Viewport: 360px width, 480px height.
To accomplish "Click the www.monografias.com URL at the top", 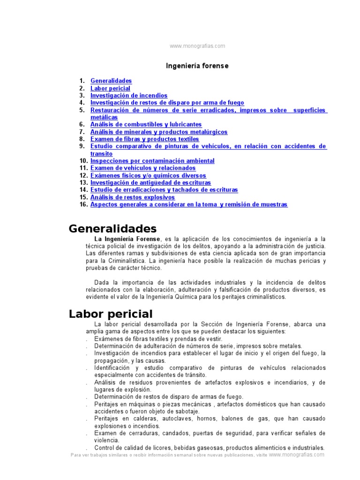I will pyautogui.click(x=197, y=46).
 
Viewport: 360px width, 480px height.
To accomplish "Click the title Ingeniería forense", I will pyautogui.click(x=197, y=66).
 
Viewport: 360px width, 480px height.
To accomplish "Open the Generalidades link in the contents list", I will pyautogui.click(x=111, y=81).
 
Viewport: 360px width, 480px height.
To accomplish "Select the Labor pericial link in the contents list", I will pyautogui.click(x=110, y=88).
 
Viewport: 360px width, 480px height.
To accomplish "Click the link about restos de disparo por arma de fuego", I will pyautogui.click(x=167, y=103).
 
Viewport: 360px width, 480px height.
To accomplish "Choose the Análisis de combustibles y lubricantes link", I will pyautogui.click(x=146, y=125).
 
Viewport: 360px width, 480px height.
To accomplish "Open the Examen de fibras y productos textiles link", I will pyautogui.click(x=144, y=139).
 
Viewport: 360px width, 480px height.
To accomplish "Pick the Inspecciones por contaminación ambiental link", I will pyautogui.click(x=152, y=161).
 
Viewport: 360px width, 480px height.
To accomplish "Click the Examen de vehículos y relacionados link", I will pyautogui.click(x=143, y=168).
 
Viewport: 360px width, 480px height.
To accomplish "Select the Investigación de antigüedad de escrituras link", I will pyautogui.click(x=150, y=182).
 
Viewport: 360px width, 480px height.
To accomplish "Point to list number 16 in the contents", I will pyautogui.click(x=84, y=204).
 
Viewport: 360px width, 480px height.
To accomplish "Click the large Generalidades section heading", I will pyautogui.click(x=112, y=229).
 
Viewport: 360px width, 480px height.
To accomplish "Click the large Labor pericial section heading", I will pyautogui.click(x=111, y=314).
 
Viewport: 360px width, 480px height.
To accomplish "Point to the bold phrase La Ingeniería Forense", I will pyautogui.click(x=127, y=239).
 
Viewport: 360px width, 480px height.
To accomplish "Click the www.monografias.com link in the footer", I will pyautogui.click(x=296, y=455).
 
